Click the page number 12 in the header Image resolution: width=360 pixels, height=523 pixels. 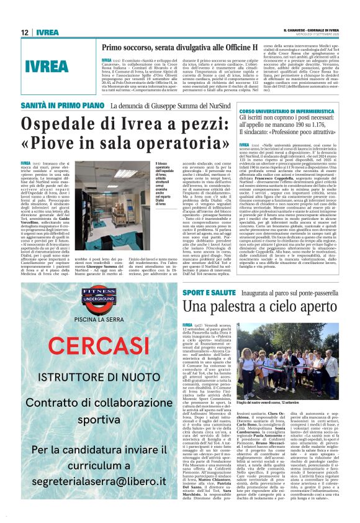click(x=24, y=32)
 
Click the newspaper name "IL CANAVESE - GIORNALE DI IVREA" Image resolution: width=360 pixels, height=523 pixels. click(x=314, y=29)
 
